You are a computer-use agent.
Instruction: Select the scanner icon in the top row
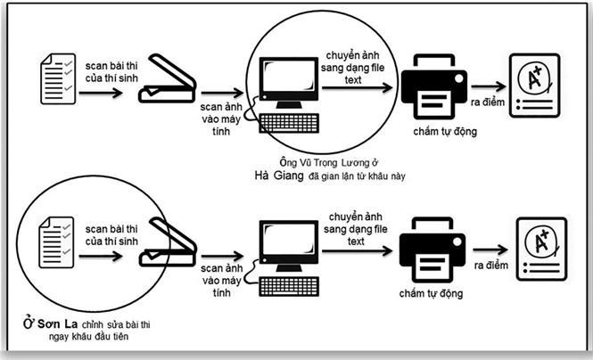167,81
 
